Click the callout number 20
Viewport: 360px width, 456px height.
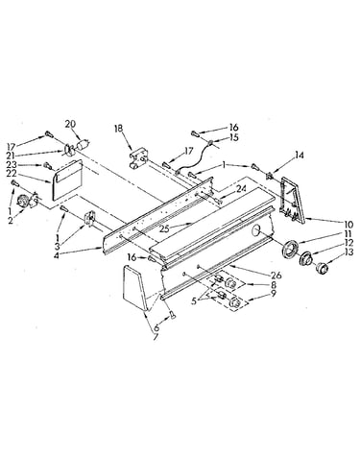[x=71, y=124]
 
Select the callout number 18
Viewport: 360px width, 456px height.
[x=118, y=129]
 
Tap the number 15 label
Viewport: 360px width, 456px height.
[x=234, y=137]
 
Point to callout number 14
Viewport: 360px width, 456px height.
[x=300, y=156]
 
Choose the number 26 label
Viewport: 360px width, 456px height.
[x=276, y=275]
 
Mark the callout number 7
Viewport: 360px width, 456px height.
[x=156, y=337]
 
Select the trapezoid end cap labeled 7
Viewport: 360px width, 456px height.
[x=135, y=287]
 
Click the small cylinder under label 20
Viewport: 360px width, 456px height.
[x=82, y=145]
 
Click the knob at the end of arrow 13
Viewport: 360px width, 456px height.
[x=321, y=268]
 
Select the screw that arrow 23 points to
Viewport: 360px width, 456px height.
[x=48, y=166]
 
